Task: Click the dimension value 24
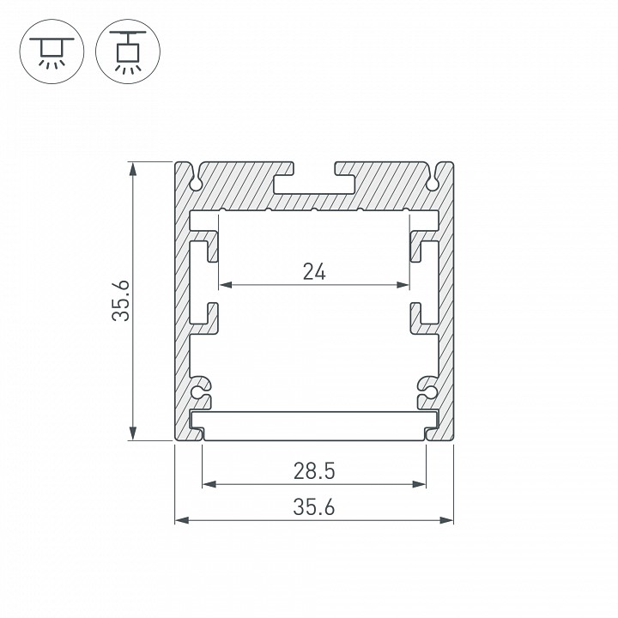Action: pos(314,272)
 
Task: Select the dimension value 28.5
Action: pos(314,471)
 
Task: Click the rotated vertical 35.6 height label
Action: pos(120,301)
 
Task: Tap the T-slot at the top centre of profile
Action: pos(314,182)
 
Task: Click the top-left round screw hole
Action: pos(196,182)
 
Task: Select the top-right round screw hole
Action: pos(433,182)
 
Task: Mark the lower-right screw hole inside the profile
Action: pos(427,393)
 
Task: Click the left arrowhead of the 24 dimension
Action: pos(226,285)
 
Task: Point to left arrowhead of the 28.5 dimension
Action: pos(208,484)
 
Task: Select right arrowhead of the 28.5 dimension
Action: pos(421,484)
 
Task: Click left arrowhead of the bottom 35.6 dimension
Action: pos(181,519)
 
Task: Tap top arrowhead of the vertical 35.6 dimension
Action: pos(132,167)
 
